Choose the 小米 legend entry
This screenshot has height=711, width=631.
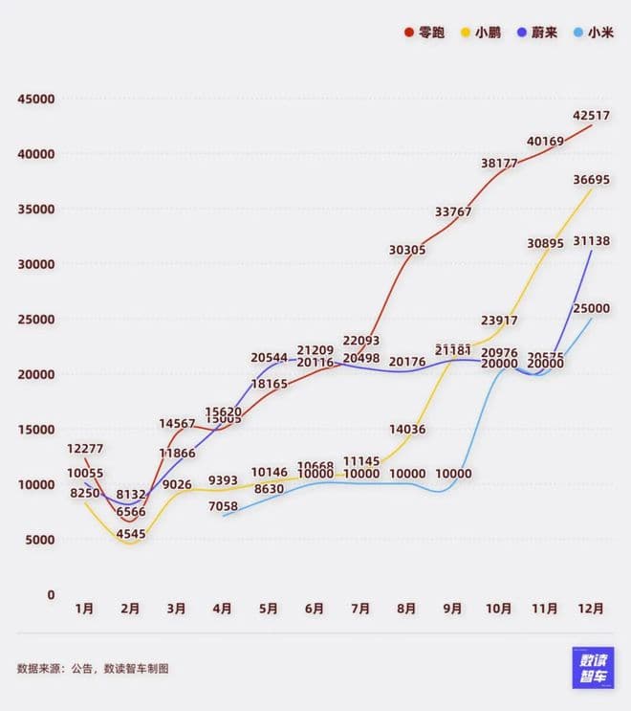[594, 32]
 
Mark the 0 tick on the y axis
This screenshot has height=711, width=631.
[51, 594]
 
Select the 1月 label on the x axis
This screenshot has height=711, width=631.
[84, 609]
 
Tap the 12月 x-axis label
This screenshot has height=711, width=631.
[591, 609]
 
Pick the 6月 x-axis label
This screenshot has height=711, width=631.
[315, 609]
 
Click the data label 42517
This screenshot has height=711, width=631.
[592, 116]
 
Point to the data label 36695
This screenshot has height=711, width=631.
[592, 179]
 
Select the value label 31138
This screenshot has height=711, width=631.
[592, 242]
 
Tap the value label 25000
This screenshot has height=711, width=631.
[592, 308]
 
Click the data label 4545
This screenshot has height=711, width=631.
[131, 534]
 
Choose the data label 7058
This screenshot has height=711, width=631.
[223, 505]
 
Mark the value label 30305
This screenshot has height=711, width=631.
[407, 250]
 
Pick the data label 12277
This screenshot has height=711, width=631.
[85, 449]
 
